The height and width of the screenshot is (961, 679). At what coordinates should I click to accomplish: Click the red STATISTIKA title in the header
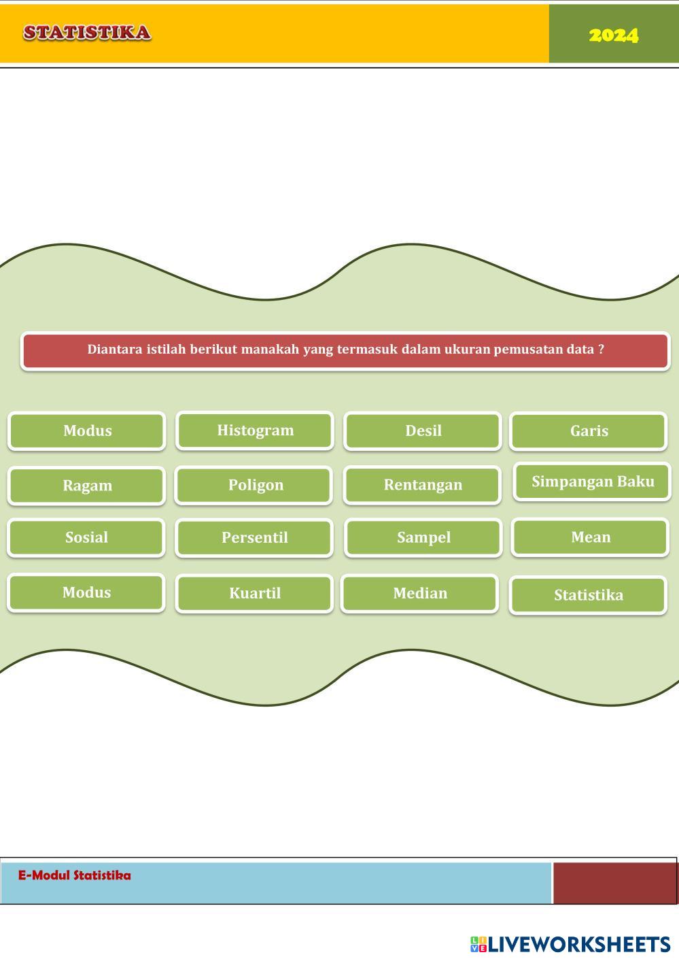[x=87, y=33]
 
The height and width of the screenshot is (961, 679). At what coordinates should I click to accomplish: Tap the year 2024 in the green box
[x=614, y=35]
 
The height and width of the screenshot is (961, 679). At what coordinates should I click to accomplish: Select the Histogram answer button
[x=255, y=431]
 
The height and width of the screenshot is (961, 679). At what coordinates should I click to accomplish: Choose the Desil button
[x=423, y=431]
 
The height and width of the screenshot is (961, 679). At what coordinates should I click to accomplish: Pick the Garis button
[x=589, y=431]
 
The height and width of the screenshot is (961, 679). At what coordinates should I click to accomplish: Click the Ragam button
[x=86, y=485]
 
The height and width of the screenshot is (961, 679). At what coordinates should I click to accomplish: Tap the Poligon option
[x=254, y=485]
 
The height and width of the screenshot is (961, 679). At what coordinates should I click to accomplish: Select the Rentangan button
[x=423, y=485]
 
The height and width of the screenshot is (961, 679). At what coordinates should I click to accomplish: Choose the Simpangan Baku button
[x=593, y=482]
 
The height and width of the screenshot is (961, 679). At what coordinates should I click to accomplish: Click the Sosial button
[x=86, y=537]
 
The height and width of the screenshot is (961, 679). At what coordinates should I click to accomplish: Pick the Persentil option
[x=254, y=537]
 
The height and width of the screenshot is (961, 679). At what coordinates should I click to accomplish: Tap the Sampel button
[x=423, y=537]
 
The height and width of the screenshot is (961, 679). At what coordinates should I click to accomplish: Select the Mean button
[x=590, y=537]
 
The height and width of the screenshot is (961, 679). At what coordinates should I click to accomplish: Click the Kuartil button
[x=254, y=593]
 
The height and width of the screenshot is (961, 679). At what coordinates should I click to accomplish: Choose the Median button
[x=419, y=593]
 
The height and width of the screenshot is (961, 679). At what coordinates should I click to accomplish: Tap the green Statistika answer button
[x=588, y=595]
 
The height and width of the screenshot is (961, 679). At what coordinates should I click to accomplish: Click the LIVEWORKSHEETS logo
[x=570, y=945]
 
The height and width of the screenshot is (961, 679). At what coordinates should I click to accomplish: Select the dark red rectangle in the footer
[x=614, y=883]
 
